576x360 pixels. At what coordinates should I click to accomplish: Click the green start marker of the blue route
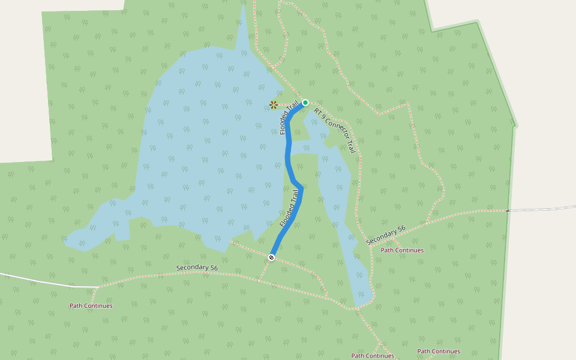click(305, 103)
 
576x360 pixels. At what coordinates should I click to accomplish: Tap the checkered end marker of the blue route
click(271, 257)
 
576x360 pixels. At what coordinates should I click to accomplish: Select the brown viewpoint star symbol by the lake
click(274, 105)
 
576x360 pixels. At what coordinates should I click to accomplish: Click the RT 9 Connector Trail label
click(334, 131)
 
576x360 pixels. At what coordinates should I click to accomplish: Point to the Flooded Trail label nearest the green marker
click(289, 118)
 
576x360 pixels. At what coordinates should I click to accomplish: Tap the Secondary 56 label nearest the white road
click(197, 268)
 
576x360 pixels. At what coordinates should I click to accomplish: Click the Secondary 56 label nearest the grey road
click(386, 235)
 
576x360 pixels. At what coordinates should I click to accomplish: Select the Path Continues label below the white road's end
click(91, 305)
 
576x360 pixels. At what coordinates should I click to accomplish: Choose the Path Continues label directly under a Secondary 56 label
click(402, 250)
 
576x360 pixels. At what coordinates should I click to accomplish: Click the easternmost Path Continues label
click(439, 351)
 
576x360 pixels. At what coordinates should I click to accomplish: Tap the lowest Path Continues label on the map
click(373, 356)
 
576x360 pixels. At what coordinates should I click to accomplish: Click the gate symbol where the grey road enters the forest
click(508, 211)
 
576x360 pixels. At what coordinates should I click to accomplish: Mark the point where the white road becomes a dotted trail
click(98, 287)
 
